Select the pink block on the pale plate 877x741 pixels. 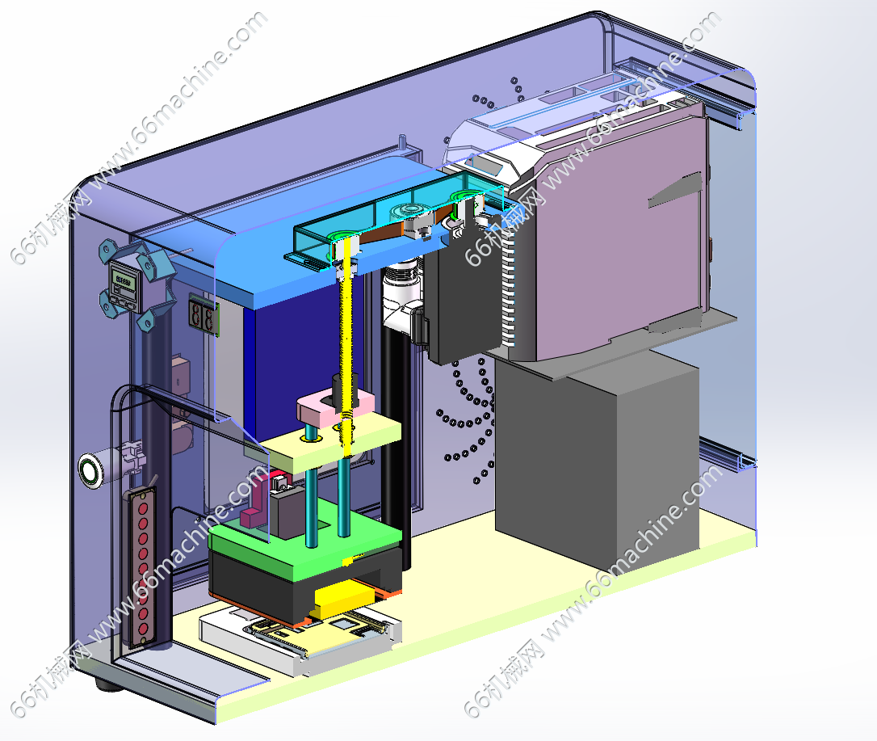click(334, 409)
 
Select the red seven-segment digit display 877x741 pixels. click(203, 315)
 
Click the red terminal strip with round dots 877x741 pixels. click(143, 568)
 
